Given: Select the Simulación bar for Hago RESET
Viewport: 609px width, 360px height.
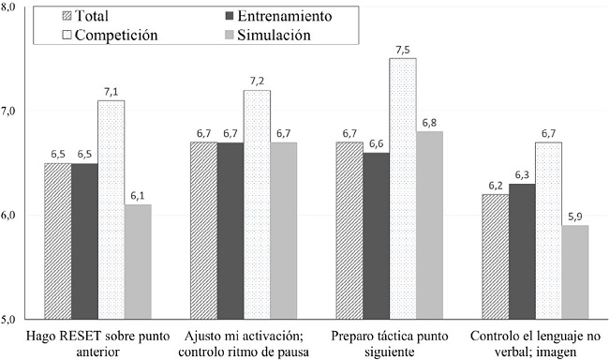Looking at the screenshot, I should pos(138,262).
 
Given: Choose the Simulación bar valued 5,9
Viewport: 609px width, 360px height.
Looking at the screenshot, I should pos(575,272).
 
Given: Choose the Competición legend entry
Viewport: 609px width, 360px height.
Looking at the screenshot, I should pos(104,35).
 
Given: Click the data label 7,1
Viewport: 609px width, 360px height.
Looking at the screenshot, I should pos(111,92).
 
